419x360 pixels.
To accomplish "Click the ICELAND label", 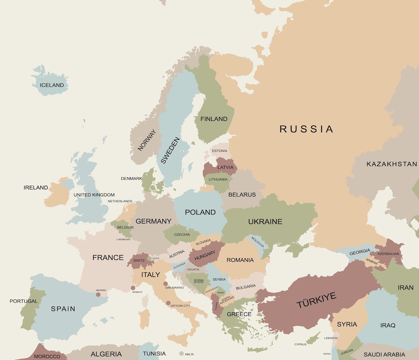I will tap(52, 85).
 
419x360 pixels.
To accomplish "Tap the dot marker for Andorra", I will tap(98, 295).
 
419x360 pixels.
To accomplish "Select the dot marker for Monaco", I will tap(133, 288).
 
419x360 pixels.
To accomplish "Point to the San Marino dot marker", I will tap(165, 284).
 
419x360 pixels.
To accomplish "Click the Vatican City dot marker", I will tap(168, 303).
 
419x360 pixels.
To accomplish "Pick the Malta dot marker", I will tap(181, 354).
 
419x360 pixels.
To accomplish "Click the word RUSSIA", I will tap(306, 129).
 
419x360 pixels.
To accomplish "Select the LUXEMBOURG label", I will tap(123, 239).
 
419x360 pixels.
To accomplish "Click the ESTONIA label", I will tap(220, 151).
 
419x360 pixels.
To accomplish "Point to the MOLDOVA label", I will tap(258, 242).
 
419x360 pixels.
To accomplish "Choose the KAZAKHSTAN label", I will tap(392, 164).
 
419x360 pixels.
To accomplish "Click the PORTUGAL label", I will tap(24, 301).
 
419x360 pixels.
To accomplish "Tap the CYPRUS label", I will tap(300, 345).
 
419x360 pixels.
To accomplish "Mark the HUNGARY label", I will tap(205, 255).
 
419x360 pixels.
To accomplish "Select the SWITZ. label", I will tap(139, 260).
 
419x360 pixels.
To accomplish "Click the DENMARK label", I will tap(131, 179).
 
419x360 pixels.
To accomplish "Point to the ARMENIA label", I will tap(372, 262).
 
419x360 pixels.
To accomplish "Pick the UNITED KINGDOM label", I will tap(94, 195).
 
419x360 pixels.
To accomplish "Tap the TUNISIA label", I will tap(154, 354).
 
